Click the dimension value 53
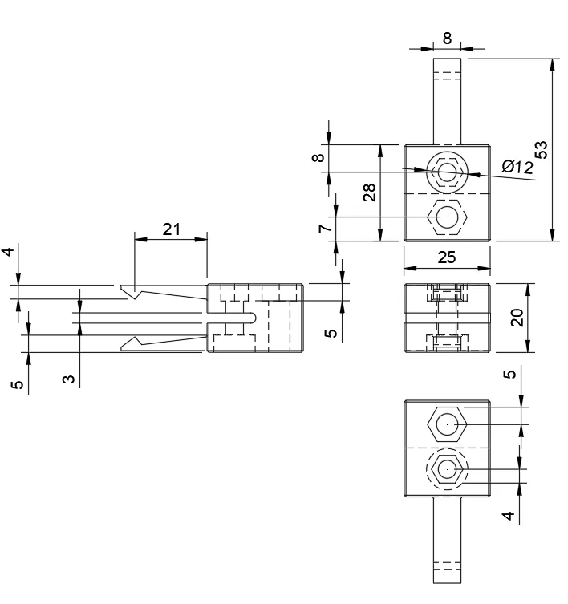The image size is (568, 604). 542,149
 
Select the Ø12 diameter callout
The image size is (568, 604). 517,167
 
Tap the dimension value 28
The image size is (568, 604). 369,192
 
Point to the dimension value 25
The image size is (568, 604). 446,257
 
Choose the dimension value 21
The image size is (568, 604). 171,229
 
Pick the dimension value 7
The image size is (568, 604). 324,229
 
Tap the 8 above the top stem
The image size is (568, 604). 447,37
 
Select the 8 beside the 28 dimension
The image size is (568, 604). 318,158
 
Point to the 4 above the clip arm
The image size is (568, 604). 9,252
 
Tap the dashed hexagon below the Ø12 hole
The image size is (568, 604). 446,217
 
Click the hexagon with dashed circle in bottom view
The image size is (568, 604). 446,468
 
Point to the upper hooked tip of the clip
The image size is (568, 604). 128,289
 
